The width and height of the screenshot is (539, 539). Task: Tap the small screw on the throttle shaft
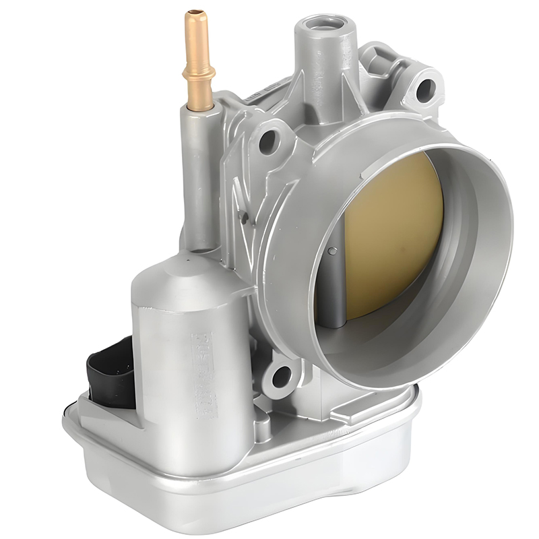333,251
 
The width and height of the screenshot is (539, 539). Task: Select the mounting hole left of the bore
269,141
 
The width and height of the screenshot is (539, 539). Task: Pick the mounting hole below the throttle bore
281,376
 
